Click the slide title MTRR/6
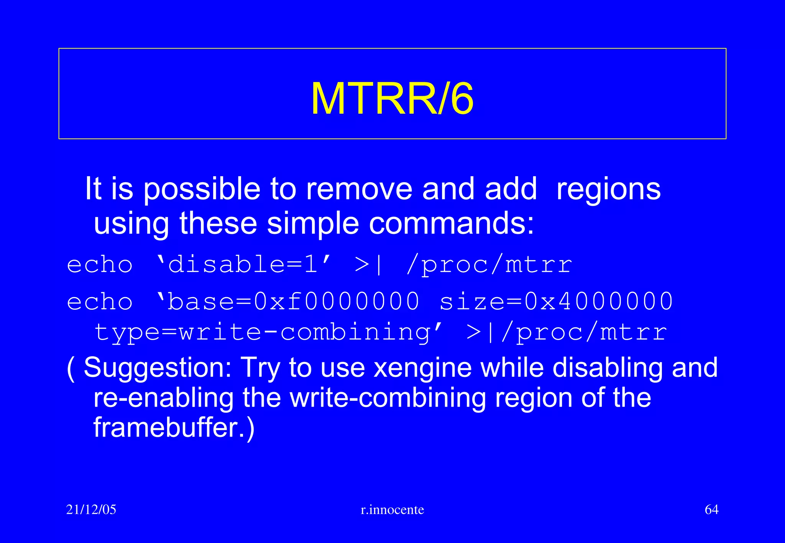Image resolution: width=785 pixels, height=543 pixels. tap(392, 99)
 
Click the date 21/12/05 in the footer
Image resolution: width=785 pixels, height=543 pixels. tap(91, 510)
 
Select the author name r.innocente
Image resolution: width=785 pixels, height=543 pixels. tap(392, 510)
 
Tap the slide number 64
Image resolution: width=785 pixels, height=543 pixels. tap(711, 510)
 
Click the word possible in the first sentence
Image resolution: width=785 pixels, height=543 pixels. tap(202, 190)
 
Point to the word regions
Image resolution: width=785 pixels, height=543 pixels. tap(608, 190)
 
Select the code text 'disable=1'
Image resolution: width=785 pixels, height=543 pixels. tap(244, 264)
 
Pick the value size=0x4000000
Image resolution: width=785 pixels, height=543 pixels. tap(556, 301)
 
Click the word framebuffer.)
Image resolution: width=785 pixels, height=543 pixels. tap(174, 428)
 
